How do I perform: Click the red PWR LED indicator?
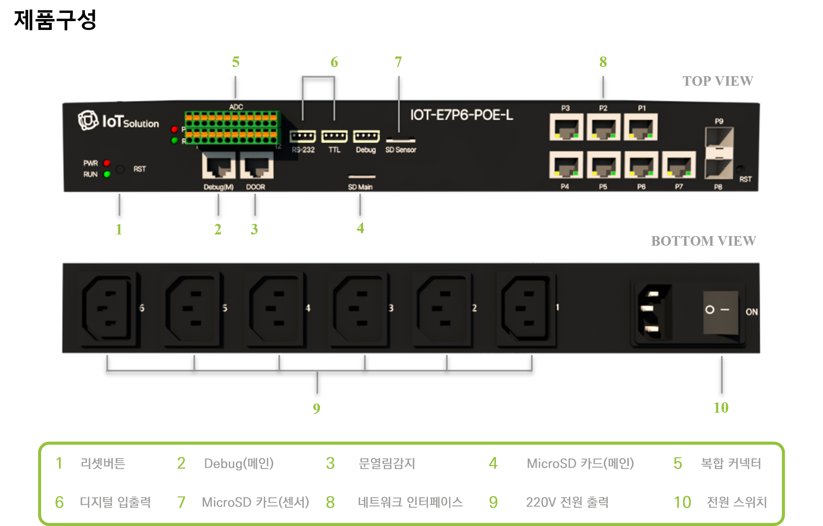point(107,163)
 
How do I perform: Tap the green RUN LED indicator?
point(107,175)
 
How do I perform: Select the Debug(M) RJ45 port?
point(219,166)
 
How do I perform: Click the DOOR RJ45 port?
point(257,166)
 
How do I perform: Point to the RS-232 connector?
point(303,136)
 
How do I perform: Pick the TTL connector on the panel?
point(334,136)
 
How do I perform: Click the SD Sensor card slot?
point(400,140)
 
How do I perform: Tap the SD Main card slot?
point(362,177)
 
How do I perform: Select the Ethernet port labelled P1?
point(640,128)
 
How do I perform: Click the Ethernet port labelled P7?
point(679,165)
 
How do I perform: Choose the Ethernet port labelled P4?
point(566,165)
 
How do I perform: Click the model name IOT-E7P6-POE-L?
point(461,115)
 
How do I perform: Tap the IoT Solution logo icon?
point(88,120)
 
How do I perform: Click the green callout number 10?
point(721,408)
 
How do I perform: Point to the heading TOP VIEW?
point(717,81)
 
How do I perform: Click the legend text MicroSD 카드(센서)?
point(255,502)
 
